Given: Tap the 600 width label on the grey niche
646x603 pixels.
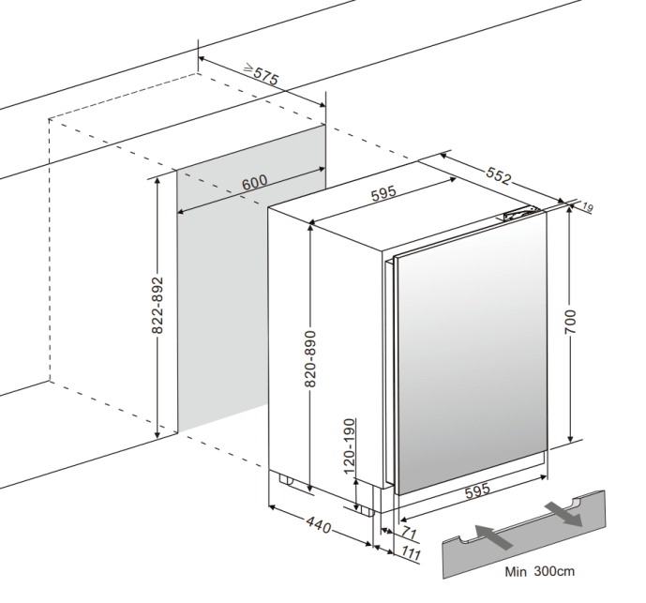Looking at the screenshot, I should point(254,182).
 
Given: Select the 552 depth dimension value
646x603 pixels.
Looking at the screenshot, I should point(498,173).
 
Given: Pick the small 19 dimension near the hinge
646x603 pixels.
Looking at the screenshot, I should point(588,206).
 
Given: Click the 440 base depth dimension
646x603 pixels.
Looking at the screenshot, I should point(319,526).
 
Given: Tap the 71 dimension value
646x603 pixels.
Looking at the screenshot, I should point(408,534).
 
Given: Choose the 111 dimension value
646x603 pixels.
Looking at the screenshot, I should point(412,552).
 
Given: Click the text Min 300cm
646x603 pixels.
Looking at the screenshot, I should point(538,570).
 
